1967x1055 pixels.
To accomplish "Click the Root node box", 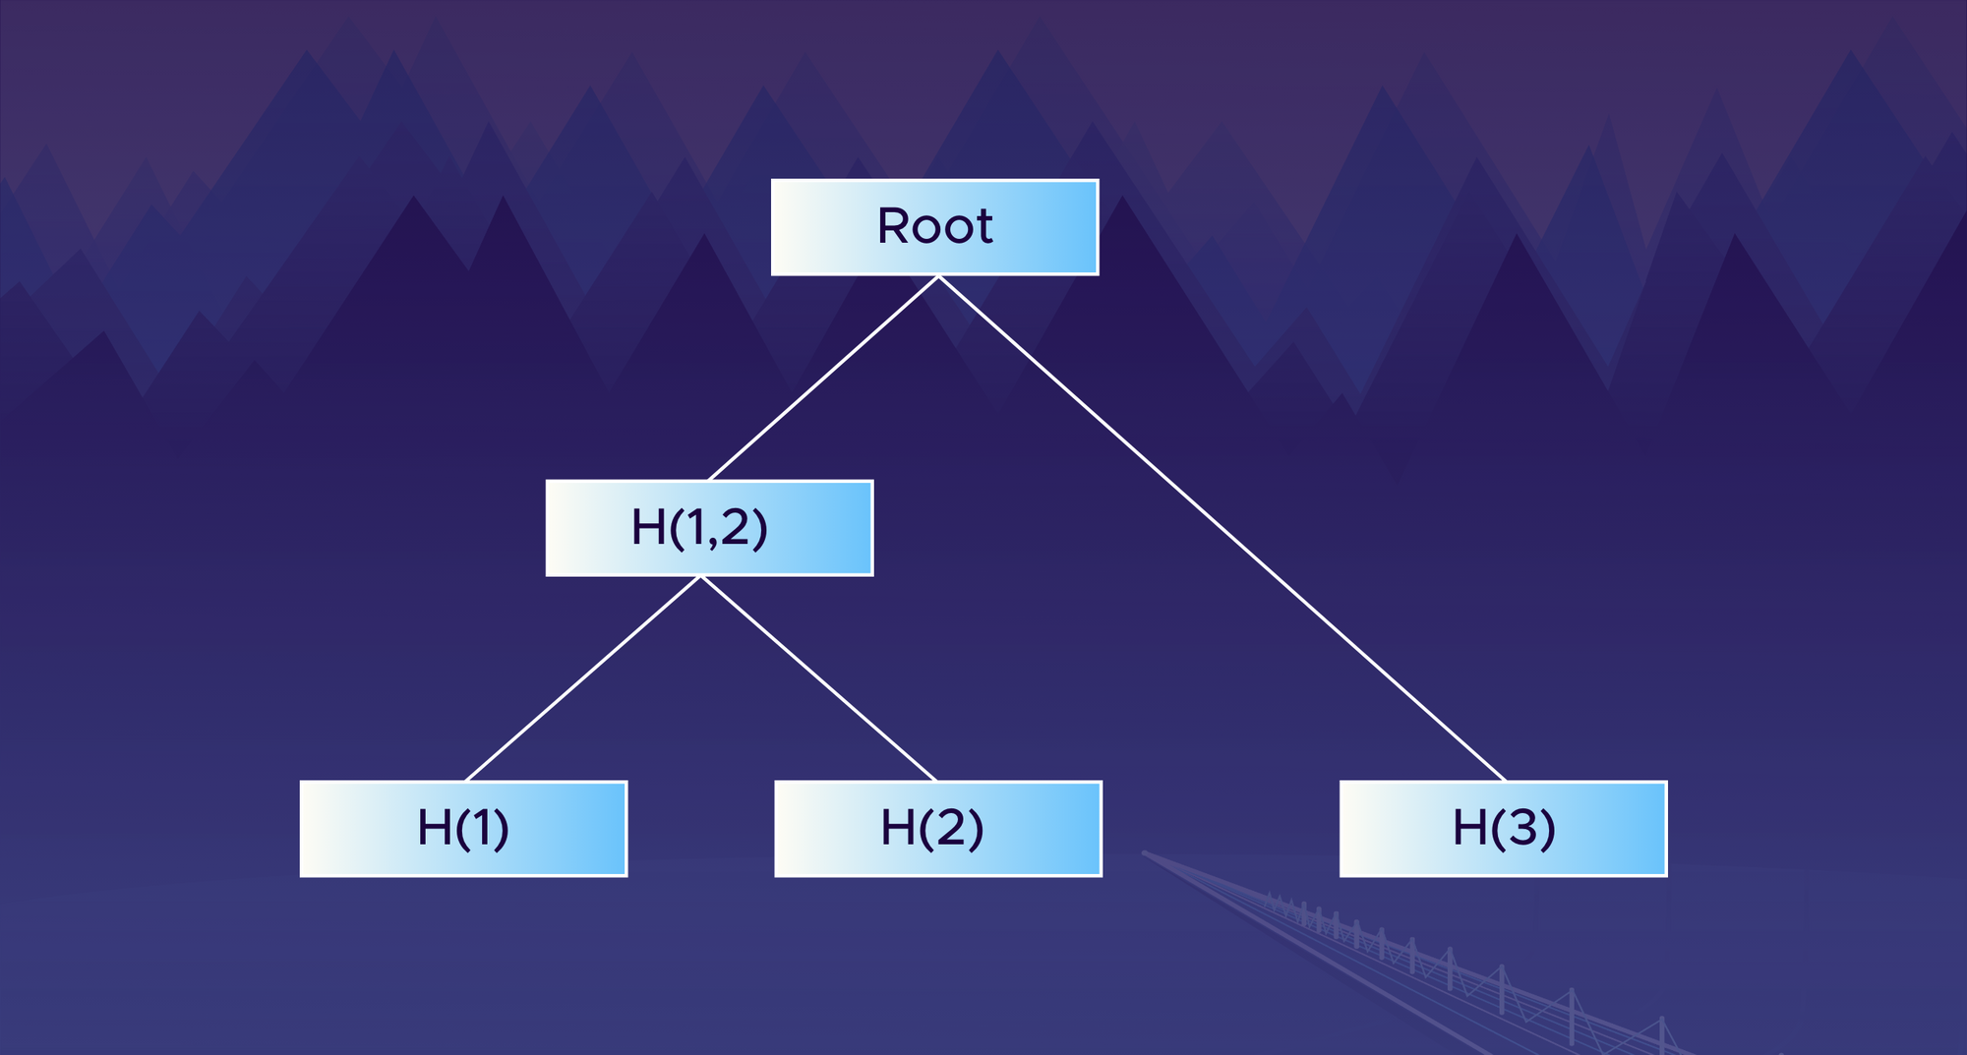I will tap(934, 227).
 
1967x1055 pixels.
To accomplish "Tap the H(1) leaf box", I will tap(463, 829).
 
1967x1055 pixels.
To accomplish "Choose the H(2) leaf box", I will tap(937, 829).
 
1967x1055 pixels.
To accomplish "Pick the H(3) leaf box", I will tap(1503, 829).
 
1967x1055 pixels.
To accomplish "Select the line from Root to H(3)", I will tap(1222, 528).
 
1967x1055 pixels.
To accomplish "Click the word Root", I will tap(934, 227).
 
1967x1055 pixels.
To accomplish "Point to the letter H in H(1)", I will tap(434, 828).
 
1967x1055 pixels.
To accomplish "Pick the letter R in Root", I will tap(894, 226).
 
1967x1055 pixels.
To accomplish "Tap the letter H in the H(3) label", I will tap(1469, 828).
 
